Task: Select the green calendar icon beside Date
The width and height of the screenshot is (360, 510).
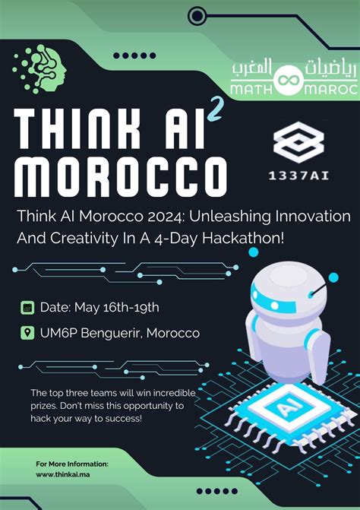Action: tap(28, 308)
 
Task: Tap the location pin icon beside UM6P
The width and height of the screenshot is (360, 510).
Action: tap(28, 333)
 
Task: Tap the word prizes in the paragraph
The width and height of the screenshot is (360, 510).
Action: tap(44, 406)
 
